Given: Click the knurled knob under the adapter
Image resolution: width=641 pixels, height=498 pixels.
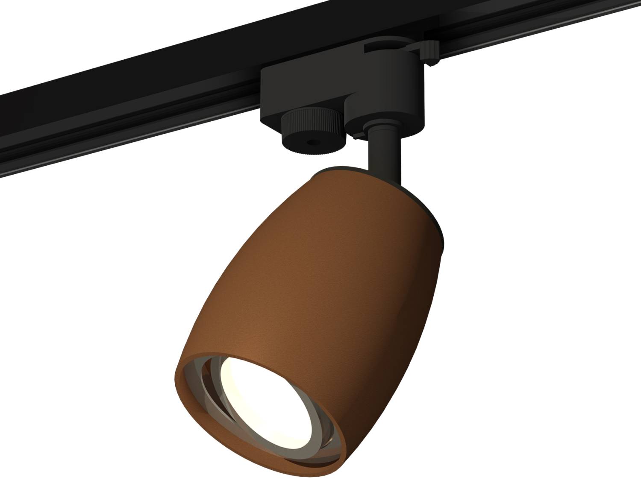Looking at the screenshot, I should point(301,128).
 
